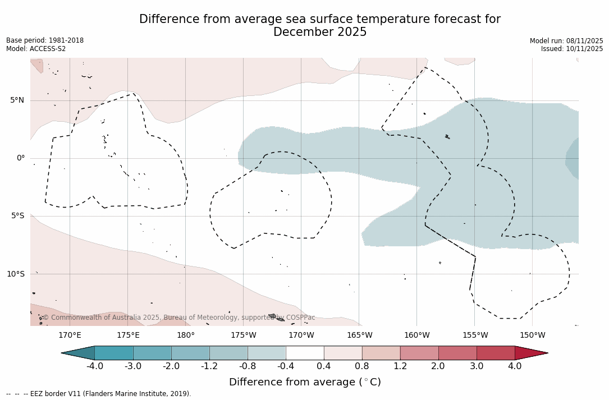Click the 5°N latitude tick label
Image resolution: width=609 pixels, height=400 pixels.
pyautogui.click(x=17, y=100)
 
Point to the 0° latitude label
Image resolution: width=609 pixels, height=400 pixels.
pyautogui.click(x=21, y=158)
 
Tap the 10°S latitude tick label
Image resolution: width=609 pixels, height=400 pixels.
pyautogui.click(x=15, y=274)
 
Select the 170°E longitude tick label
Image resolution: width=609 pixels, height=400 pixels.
pyautogui.click(x=70, y=335)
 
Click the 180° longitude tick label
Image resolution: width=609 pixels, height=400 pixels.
pyautogui.click(x=186, y=335)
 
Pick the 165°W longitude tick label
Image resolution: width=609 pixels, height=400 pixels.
pyautogui.click(x=359, y=335)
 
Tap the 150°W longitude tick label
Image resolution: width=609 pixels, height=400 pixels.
pyautogui.click(x=532, y=335)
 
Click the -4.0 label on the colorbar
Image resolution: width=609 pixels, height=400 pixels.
pyautogui.click(x=94, y=366)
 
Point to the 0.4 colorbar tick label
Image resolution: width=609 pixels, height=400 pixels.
pyautogui.click(x=324, y=366)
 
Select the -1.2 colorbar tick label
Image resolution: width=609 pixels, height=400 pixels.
pyautogui.click(x=209, y=366)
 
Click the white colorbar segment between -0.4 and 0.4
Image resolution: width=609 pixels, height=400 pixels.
pyautogui.click(x=305, y=353)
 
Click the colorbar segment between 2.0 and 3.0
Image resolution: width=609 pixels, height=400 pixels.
pyautogui.click(x=457, y=353)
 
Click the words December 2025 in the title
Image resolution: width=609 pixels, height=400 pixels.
pyautogui.click(x=320, y=33)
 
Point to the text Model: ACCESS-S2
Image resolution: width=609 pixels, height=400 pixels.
pyautogui.click(x=36, y=49)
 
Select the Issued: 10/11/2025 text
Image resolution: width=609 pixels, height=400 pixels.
pyautogui.click(x=572, y=49)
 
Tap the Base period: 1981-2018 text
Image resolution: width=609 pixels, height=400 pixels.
pyautogui.click(x=45, y=40)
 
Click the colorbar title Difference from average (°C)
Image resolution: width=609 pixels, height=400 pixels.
pyautogui.click(x=305, y=382)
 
